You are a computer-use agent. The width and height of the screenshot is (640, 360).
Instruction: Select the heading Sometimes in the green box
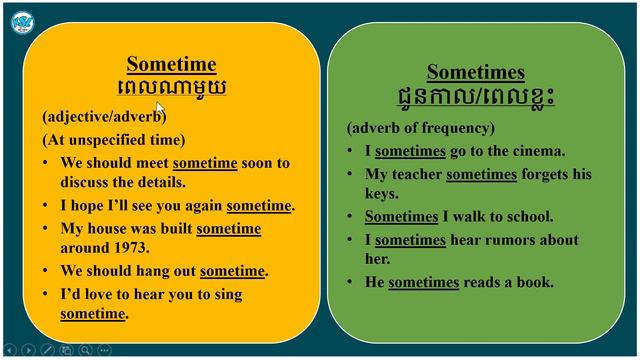pyautogui.click(x=475, y=72)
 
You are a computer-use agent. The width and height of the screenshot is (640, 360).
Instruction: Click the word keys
pyautogui.click(x=382, y=194)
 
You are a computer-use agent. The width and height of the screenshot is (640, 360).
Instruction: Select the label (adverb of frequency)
pyautogui.click(x=420, y=128)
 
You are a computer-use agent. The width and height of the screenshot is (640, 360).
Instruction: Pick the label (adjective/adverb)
pyautogui.click(x=103, y=116)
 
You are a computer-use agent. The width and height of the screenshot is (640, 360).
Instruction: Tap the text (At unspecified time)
pyautogui.click(x=114, y=139)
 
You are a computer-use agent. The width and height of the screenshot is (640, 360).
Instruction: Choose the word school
pyautogui.click(x=527, y=216)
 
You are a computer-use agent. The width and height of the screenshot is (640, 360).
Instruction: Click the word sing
pyautogui.click(x=228, y=295)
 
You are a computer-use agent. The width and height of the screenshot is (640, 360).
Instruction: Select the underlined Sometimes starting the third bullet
pyautogui.click(x=401, y=216)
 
